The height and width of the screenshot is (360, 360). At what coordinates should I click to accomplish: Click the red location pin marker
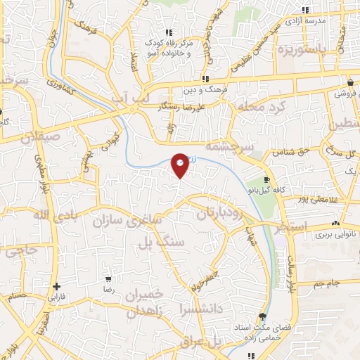point(180,165)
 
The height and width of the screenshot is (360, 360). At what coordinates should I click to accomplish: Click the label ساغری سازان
point(127,220)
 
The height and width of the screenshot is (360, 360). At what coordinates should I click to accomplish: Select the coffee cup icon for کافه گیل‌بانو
point(266,180)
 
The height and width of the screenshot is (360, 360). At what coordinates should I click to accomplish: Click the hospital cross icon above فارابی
point(56,286)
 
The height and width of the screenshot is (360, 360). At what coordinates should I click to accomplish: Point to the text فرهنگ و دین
point(205,91)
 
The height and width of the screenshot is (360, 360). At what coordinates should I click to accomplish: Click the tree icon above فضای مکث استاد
point(262,316)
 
